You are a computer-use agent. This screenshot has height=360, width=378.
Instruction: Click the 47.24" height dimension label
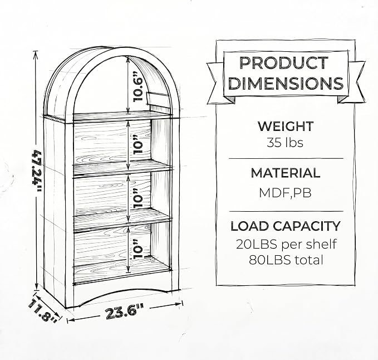(x=37, y=171)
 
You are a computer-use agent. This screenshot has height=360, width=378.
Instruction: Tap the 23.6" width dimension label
(x=125, y=312)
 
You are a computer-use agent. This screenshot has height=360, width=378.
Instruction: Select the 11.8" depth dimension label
(x=43, y=310)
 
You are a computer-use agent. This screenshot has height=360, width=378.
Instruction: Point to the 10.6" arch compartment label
(x=138, y=86)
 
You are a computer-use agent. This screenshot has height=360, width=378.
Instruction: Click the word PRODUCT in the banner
(x=284, y=63)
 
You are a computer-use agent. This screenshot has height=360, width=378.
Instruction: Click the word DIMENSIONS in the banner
(x=286, y=83)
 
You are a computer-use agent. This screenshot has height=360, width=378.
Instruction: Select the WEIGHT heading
(x=286, y=126)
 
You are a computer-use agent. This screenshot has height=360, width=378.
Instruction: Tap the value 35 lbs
(x=285, y=143)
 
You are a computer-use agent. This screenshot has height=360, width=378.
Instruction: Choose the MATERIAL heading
(x=286, y=173)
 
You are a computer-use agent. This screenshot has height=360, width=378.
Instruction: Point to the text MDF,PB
(x=285, y=193)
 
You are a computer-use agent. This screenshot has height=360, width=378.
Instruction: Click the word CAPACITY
(x=306, y=226)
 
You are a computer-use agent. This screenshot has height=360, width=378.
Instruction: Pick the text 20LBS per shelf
(x=286, y=245)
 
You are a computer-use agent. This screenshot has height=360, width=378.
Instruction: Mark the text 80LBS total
(x=286, y=260)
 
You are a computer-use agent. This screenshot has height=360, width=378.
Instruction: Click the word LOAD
(x=250, y=226)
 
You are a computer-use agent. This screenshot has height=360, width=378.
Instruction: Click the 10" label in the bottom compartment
(x=138, y=249)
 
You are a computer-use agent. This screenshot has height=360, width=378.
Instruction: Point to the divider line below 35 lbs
(x=286, y=159)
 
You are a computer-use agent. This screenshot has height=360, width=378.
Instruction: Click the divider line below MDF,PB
(x=286, y=211)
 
